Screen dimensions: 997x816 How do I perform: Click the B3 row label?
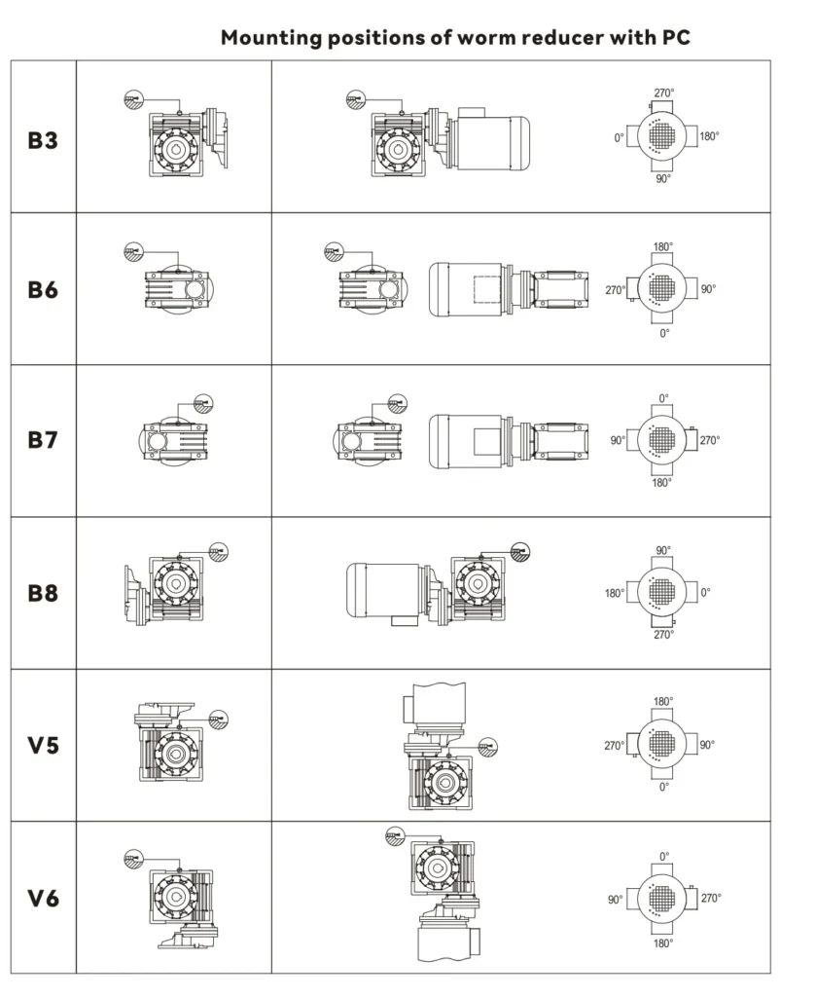[43, 140]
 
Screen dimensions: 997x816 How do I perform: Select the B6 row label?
[43, 290]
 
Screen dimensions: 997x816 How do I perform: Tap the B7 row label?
[43, 440]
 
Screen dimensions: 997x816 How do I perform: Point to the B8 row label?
[43, 593]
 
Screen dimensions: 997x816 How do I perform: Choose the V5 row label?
[43, 746]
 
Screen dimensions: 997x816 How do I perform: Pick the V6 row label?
[43, 898]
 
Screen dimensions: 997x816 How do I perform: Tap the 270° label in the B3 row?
[663, 93]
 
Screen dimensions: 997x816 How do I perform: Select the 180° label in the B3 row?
[709, 137]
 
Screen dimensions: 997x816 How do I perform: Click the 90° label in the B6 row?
[707, 289]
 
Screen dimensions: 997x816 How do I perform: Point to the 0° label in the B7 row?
[663, 399]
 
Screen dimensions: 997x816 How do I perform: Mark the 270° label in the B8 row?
[663, 635]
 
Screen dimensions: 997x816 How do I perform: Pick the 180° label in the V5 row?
[663, 701]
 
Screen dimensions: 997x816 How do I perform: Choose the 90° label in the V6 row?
[615, 900]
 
